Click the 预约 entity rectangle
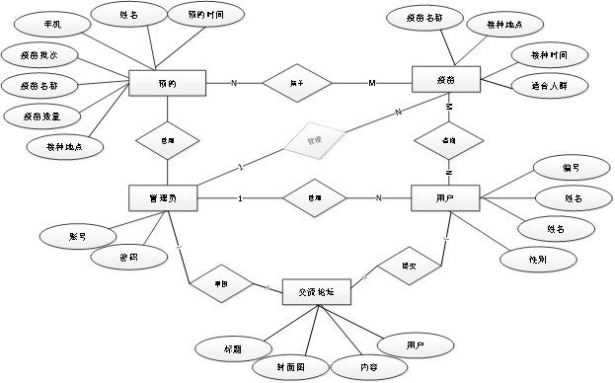tap(167, 84)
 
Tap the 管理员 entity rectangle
tap(163, 198)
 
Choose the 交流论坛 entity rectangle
tap(315, 292)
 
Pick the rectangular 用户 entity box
tap(445, 198)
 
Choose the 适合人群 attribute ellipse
tap(546, 85)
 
